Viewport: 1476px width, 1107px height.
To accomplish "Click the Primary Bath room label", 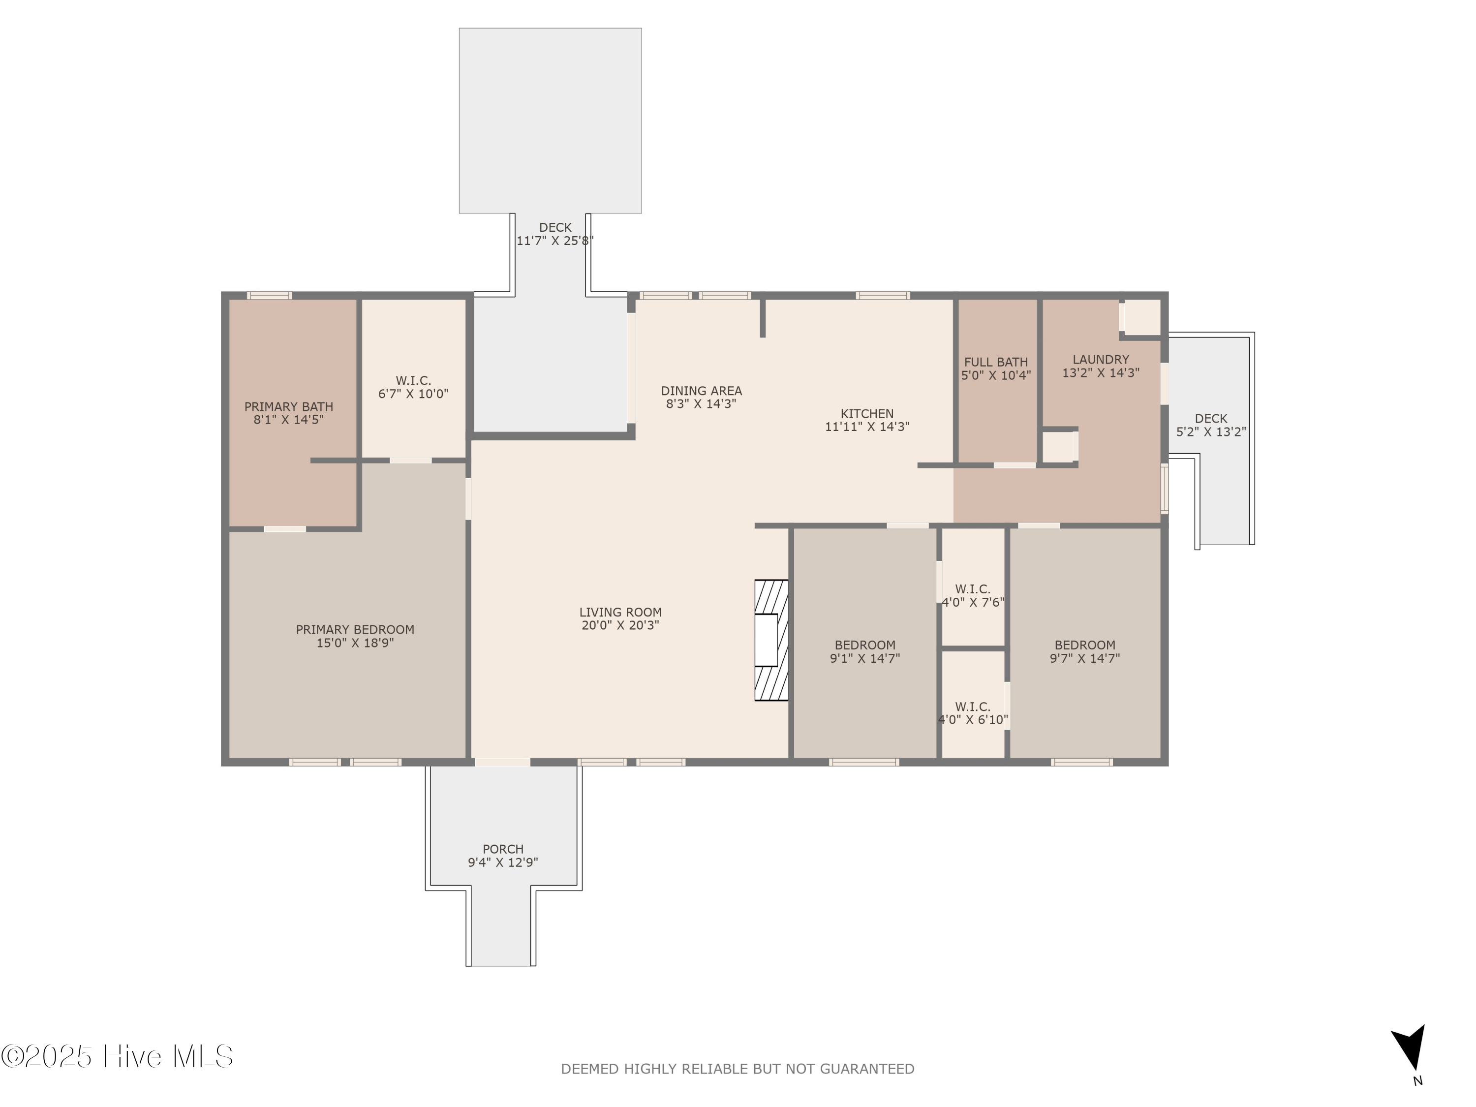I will [288, 406].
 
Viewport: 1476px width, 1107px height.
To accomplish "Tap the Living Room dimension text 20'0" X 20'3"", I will [620, 625].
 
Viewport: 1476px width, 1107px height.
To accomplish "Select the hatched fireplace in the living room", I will [770, 640].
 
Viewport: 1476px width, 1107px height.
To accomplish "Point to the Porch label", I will [502, 849].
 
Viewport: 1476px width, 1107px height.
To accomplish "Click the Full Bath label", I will [996, 362].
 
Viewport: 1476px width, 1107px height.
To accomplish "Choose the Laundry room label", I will [1100, 360].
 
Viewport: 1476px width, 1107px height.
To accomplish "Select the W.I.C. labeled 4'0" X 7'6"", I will [972, 589].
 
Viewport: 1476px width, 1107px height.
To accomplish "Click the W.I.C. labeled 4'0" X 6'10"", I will [972, 707].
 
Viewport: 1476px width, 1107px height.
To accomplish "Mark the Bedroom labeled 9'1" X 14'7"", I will [865, 645].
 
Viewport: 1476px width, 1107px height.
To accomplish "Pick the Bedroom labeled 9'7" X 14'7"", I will [1084, 645].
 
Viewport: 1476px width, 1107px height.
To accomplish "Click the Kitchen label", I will [867, 414].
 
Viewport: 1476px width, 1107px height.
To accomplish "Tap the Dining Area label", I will [701, 391].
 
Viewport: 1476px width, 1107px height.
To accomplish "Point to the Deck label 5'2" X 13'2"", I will [1210, 418].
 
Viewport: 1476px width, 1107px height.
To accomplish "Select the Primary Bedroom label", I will [355, 629].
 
